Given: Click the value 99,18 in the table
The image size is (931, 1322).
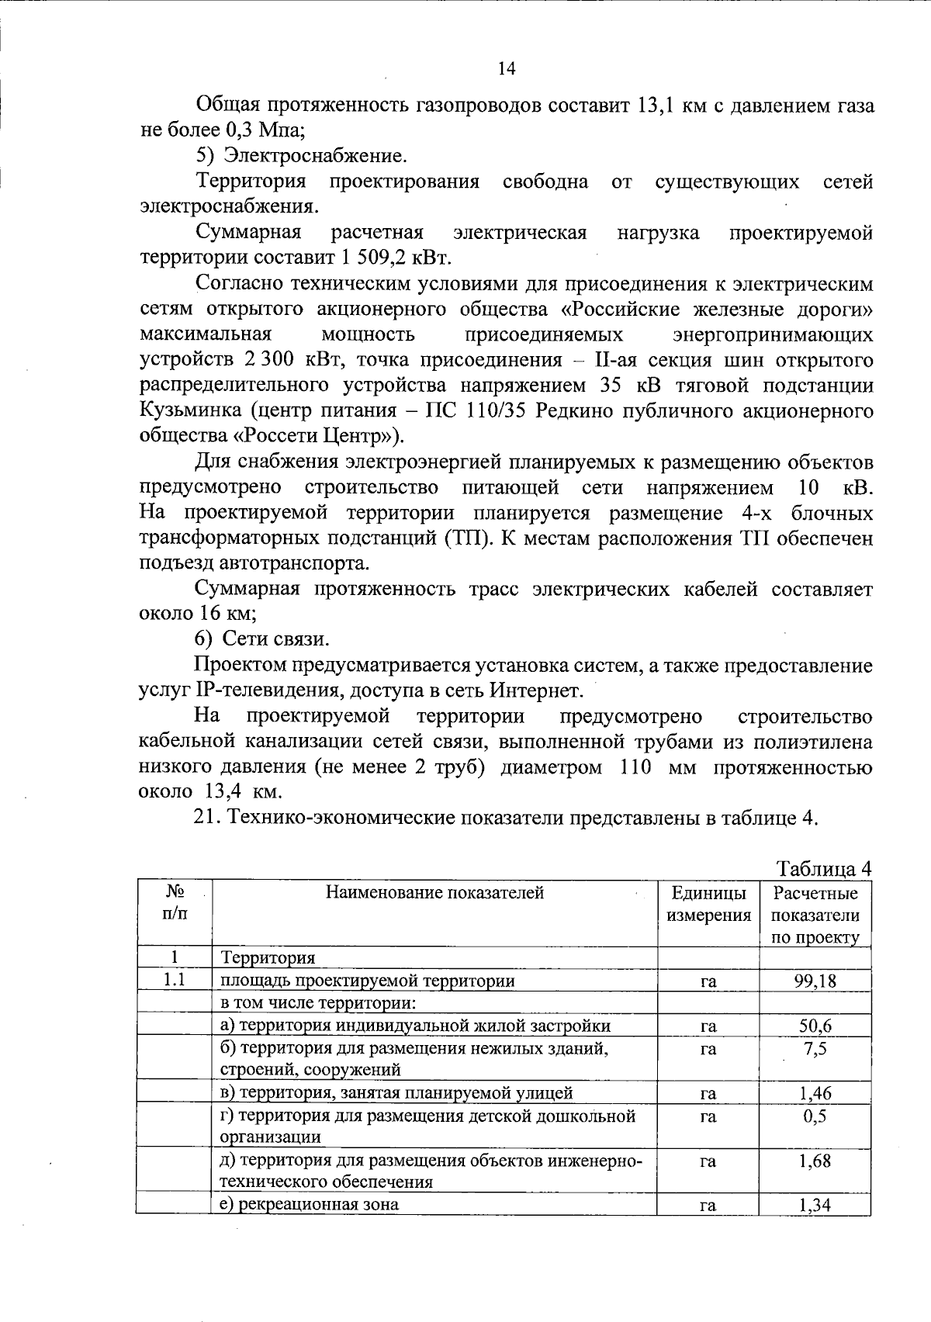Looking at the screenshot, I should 815,981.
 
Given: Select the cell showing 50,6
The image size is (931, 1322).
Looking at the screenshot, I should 815,1026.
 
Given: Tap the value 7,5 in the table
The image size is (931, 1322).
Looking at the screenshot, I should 815,1049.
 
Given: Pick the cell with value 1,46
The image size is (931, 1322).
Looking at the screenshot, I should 815,1093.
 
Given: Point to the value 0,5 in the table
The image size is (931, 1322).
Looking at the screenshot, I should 815,1116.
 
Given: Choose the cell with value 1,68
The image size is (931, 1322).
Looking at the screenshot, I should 815,1161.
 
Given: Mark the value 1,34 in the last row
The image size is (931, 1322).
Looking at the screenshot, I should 815,1205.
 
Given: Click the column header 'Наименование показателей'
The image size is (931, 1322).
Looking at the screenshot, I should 434,893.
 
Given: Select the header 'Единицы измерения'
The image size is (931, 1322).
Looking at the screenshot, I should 708,905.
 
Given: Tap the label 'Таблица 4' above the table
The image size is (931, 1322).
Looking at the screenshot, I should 824,869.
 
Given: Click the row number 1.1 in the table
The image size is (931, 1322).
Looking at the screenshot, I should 174,981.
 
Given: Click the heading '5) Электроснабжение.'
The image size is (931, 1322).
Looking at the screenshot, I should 301,156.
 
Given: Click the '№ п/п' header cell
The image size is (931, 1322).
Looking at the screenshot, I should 174,905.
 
